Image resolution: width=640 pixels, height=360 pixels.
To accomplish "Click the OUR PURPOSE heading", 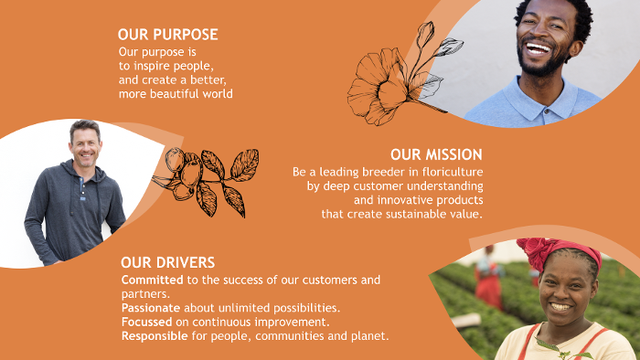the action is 167,35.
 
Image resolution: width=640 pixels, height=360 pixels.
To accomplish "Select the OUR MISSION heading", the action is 436,154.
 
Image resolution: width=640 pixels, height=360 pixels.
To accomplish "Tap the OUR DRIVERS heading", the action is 167,262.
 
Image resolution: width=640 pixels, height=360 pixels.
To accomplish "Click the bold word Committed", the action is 153,281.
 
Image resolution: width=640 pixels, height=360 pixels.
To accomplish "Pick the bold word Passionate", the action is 151,308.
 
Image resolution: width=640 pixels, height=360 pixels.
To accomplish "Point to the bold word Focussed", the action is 146,323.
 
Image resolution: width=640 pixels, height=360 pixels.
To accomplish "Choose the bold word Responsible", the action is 155,336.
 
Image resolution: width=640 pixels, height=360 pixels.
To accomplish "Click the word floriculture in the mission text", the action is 453,172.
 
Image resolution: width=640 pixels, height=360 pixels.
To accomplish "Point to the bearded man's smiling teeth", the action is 538,49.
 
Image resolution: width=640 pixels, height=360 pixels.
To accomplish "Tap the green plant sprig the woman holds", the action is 565,350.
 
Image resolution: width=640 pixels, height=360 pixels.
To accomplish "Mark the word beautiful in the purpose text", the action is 176,94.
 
